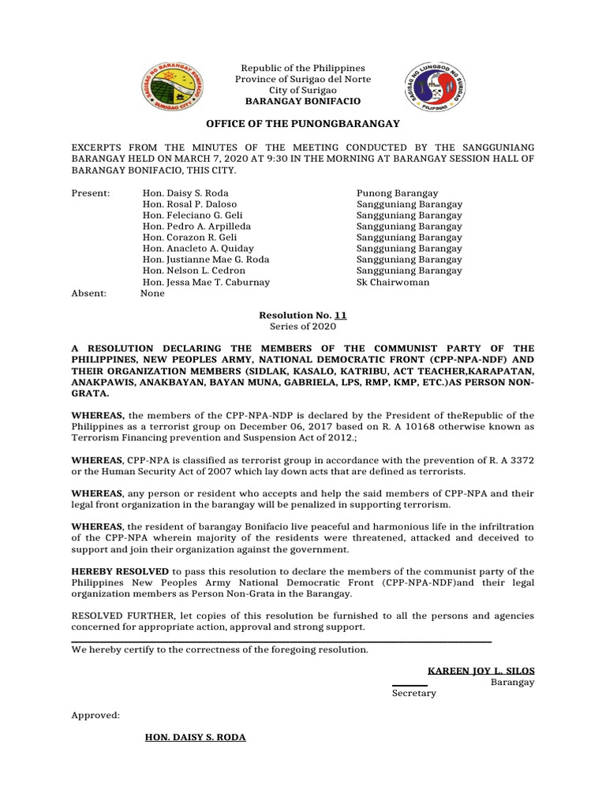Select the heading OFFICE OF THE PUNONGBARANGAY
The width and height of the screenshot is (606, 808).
[303, 124]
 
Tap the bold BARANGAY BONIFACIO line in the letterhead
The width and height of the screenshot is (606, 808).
[303, 102]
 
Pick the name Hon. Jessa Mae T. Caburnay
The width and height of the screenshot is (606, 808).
[206, 282]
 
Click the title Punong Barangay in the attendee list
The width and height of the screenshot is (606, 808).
[398, 193]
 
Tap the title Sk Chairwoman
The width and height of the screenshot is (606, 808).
[393, 282]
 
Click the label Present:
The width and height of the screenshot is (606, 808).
[92, 193]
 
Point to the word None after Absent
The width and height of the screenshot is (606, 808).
[153, 293]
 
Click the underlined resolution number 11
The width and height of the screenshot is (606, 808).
[340, 315]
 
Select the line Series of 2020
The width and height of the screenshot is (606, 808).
[303, 326]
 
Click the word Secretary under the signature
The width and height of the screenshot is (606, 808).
[413, 693]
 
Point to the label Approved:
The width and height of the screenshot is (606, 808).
[95, 715]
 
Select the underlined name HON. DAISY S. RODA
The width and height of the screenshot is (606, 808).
[195, 737]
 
